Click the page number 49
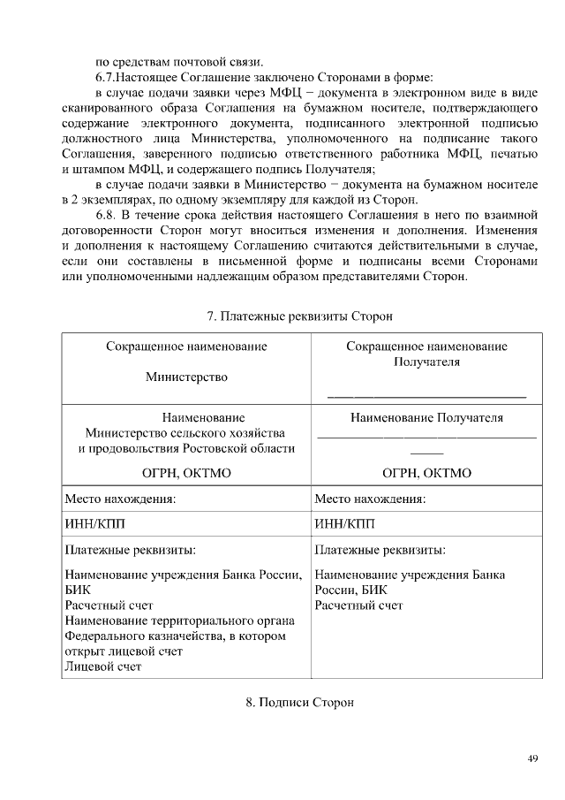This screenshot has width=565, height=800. (x=532, y=758)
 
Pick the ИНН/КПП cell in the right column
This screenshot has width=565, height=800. (x=345, y=523)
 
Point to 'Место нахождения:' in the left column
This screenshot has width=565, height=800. (x=120, y=499)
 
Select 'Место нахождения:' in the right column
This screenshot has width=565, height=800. (x=370, y=499)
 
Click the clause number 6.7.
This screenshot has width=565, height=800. (x=105, y=76)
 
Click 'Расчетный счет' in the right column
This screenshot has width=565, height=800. (x=358, y=606)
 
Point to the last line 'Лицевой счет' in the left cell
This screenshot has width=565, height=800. (x=103, y=666)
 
